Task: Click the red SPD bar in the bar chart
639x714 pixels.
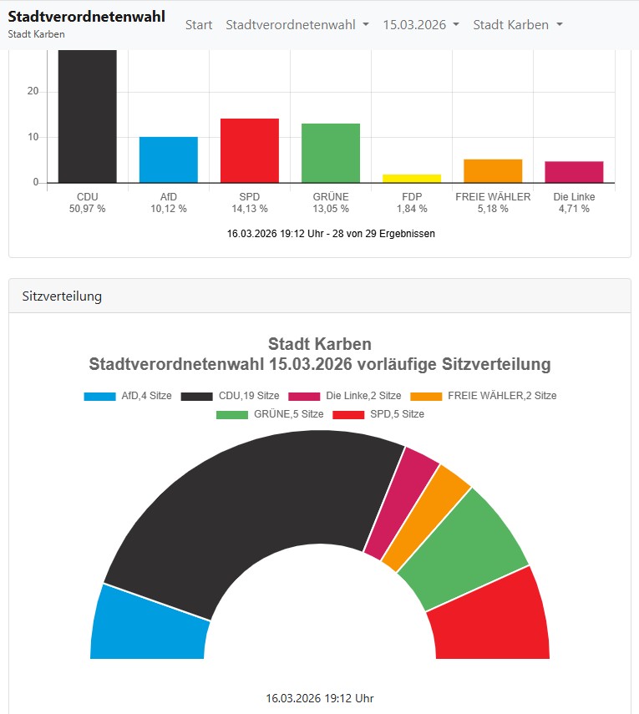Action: coord(249,150)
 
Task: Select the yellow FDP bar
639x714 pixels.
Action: coord(411,178)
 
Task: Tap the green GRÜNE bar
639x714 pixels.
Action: coord(330,153)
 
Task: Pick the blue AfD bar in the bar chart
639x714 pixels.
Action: coord(168,160)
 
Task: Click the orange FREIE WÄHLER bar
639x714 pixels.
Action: coord(493,170)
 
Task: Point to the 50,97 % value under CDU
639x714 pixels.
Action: coord(87,209)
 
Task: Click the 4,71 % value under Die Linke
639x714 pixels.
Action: coord(574,209)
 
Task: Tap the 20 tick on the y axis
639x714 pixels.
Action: coord(33,92)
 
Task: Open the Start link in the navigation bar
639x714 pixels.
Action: coord(199,25)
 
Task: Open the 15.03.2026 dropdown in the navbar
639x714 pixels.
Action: coord(421,25)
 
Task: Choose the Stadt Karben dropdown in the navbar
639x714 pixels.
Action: coord(518,25)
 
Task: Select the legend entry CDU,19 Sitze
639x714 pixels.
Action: coord(230,396)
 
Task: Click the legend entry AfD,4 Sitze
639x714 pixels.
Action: coord(128,396)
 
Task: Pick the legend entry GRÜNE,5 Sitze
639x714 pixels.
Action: coord(269,414)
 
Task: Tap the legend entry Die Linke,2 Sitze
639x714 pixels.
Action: coord(344,396)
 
